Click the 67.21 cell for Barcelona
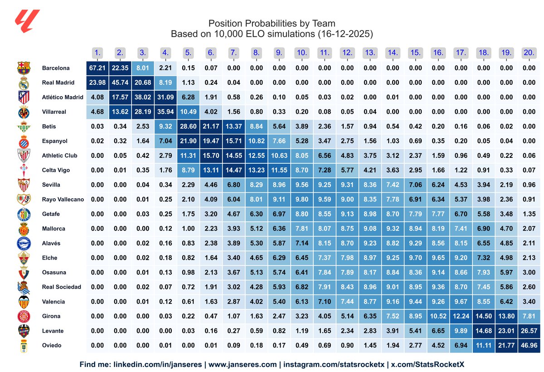97,68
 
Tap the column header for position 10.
301,53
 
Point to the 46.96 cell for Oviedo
529,345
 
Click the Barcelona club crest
24,68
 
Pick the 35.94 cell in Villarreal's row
165,112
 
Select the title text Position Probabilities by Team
272,24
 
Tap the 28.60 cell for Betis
188,126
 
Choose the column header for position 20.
529,53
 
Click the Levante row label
53,331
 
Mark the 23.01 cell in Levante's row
506,331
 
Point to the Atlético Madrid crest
24,97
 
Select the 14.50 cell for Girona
483,316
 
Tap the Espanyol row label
54,141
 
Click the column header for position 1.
97,53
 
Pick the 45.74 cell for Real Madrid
120,83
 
